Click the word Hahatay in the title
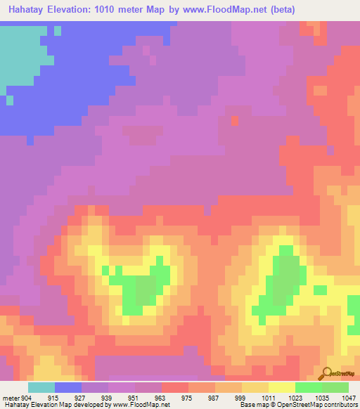(26, 9)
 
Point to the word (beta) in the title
(280, 9)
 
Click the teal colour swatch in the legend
(41, 387)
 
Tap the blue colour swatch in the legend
(68, 387)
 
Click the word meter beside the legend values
(11, 397)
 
